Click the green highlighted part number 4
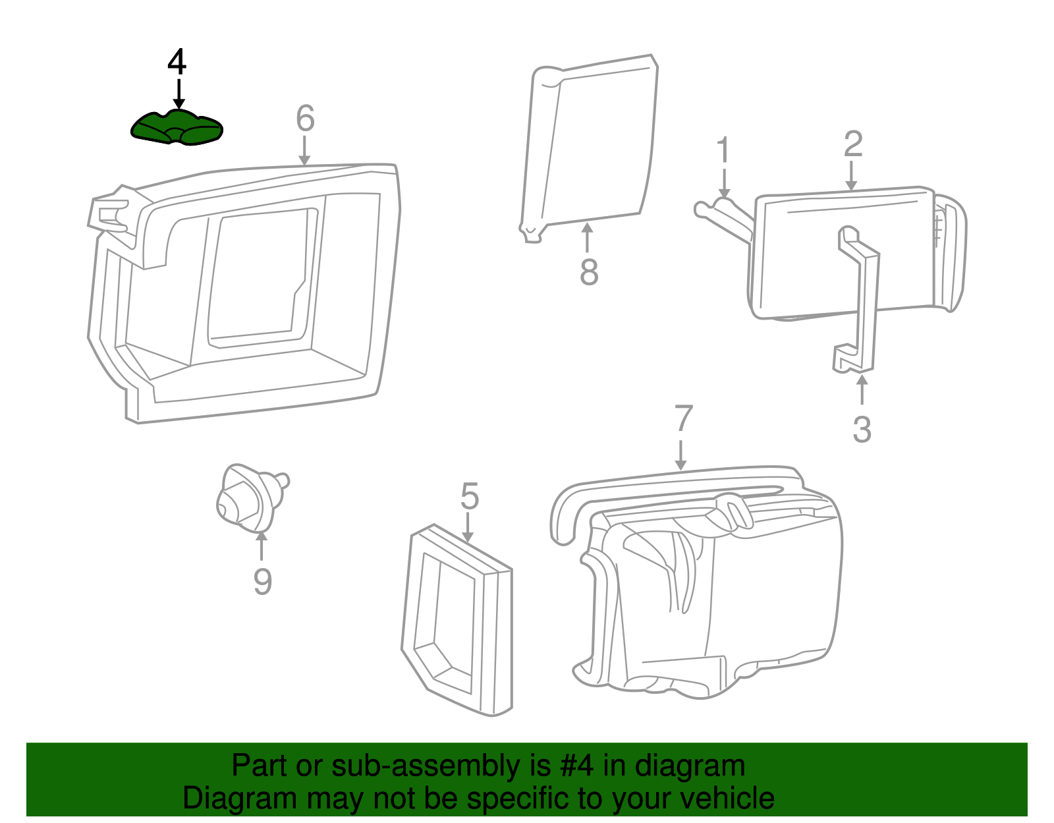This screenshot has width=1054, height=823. tap(177, 128)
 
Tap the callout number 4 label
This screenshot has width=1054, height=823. tap(177, 62)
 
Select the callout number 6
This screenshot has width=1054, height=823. tap(305, 118)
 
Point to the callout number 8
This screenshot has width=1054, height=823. tap(589, 272)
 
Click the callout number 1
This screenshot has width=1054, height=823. tap(723, 150)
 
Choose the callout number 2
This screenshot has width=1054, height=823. tap(853, 144)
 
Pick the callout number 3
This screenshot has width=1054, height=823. tap(862, 429)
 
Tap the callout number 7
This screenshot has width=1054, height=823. tap(683, 418)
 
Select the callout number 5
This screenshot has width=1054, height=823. tap(470, 496)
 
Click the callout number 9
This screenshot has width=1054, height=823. tap(262, 581)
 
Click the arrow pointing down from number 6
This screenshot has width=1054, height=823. tap(304, 150)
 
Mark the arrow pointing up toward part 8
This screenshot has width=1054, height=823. tap(588, 237)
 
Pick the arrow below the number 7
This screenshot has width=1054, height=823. tap(681, 455)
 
